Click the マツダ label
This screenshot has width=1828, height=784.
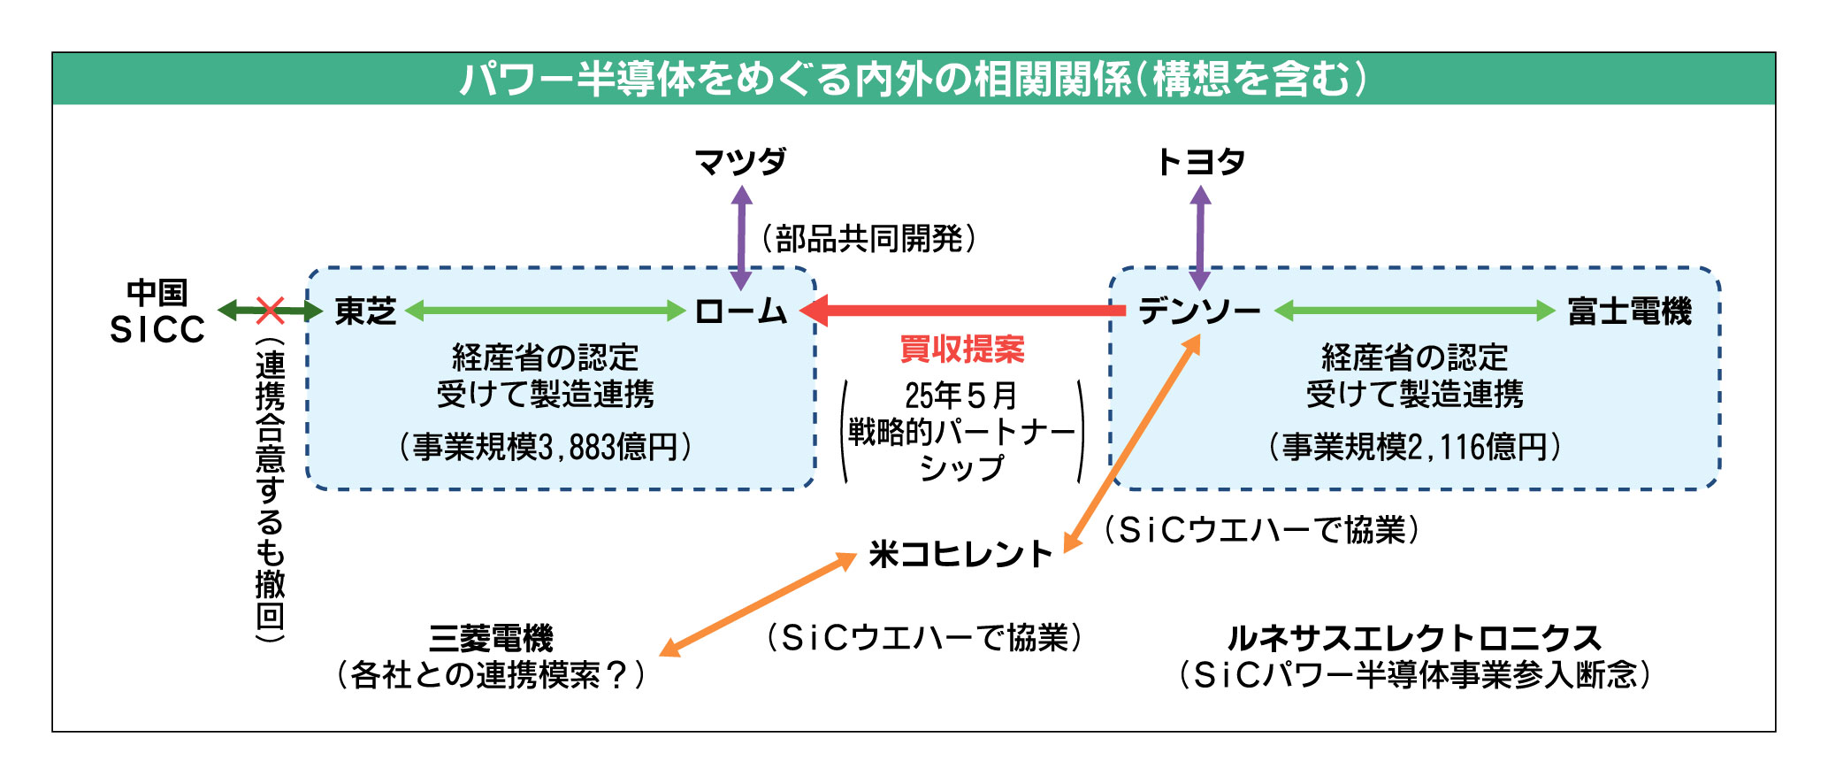740,162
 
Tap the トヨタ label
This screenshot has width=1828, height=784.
1200,162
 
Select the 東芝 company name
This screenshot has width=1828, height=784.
365,311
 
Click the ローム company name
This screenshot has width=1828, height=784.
741,311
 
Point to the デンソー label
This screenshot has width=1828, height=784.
1199,311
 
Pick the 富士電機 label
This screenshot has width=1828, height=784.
1630,311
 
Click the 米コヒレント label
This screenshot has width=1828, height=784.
960,555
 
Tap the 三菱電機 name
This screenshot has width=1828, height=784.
491,638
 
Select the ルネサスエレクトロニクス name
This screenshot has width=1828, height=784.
1413,638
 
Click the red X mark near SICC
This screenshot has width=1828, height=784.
270,310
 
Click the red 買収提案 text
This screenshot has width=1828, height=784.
961,350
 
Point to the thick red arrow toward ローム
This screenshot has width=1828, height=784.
964,311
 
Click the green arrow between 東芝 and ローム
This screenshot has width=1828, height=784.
545,311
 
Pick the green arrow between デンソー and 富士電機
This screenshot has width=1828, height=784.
1414,311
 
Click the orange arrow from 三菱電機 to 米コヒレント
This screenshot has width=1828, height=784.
758,605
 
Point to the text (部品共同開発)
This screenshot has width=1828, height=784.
868,238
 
